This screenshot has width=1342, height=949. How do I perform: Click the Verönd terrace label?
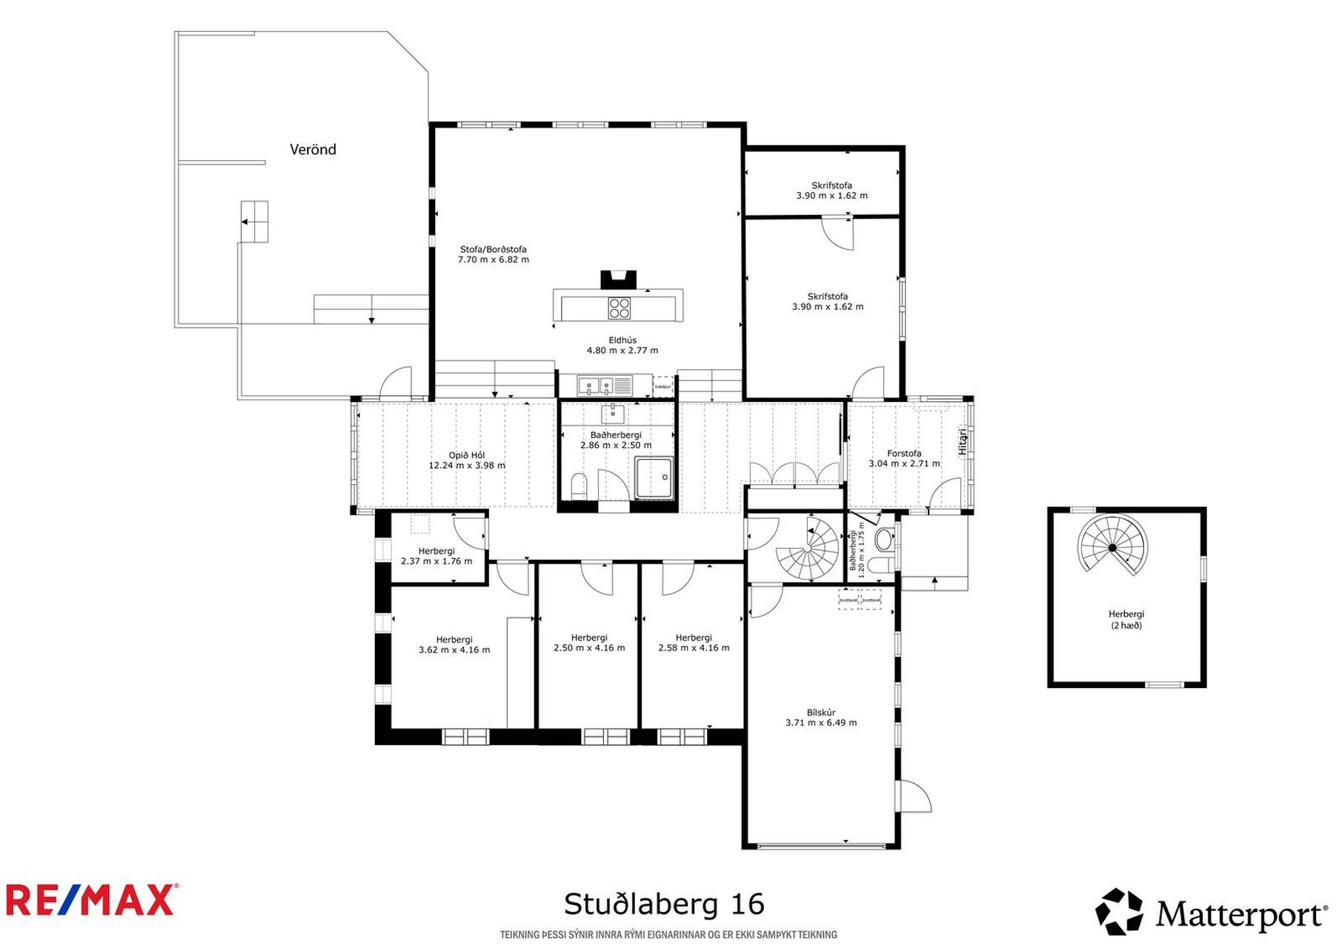click(313, 150)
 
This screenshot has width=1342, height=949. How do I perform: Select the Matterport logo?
click(1211, 912)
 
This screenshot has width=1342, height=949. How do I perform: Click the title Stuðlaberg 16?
click(664, 905)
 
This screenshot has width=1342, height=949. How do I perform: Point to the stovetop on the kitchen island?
click(619, 308)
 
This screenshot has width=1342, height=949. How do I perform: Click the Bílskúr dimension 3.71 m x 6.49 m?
click(821, 723)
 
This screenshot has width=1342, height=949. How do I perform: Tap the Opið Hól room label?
click(467, 456)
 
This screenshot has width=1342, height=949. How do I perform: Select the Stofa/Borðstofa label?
click(493, 250)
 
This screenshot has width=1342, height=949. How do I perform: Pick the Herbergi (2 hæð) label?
click(1126, 619)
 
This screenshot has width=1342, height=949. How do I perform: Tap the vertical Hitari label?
click(963, 442)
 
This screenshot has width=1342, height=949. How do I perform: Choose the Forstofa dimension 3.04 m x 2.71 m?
click(904, 464)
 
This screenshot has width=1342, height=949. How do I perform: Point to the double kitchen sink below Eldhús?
click(597, 386)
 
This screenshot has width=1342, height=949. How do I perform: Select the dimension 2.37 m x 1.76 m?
click(436, 561)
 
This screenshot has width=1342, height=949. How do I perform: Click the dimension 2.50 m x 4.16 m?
click(589, 648)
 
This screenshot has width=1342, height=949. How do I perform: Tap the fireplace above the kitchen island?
click(618, 280)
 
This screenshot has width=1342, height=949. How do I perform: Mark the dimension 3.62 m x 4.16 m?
click(454, 650)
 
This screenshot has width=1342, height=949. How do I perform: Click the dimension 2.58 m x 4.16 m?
click(694, 648)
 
